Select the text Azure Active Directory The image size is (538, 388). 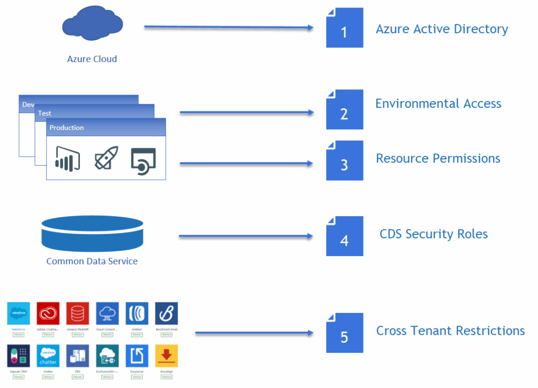[442, 29]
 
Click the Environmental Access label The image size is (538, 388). [438, 104]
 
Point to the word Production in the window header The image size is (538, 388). [67, 128]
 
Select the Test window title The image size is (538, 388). [45, 113]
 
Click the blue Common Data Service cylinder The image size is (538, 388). [92, 234]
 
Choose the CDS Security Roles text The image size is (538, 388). [433, 234]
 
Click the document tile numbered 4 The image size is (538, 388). [344, 236]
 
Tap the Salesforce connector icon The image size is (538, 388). [18, 313]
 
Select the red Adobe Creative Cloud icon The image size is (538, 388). [48, 313]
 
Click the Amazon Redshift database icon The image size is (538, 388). [78, 313]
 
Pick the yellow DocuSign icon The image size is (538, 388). [167, 356]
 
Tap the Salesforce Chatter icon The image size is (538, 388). [48, 356]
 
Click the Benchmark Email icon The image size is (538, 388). [167, 313]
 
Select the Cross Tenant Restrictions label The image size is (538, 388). [450, 331]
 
